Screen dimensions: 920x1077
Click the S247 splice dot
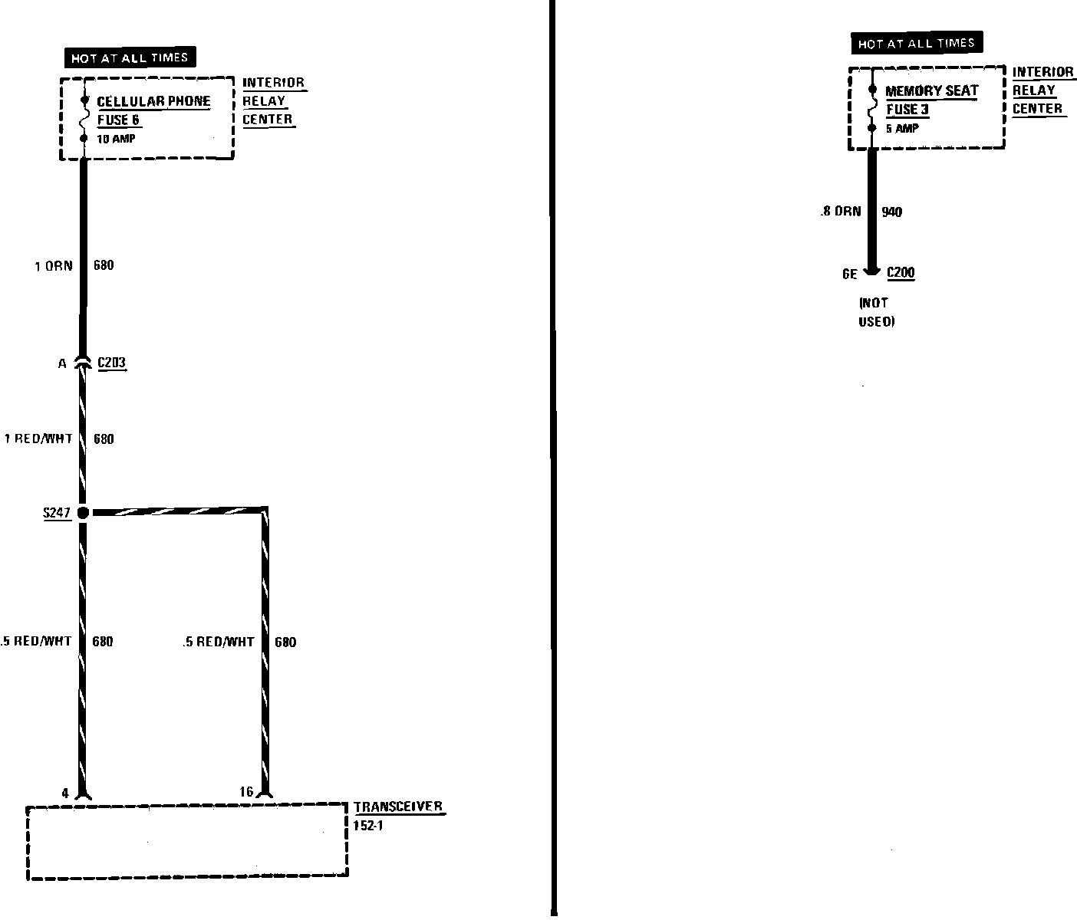coord(83,512)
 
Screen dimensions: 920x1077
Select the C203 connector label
coord(111,363)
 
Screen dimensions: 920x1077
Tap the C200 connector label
coord(901,273)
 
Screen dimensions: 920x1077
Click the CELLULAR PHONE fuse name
coord(153,101)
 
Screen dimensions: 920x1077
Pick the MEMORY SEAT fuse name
coord(931,90)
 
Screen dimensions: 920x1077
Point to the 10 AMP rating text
coord(116,139)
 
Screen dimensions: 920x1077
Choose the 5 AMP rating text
coord(901,128)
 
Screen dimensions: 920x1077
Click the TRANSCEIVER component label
coord(397,807)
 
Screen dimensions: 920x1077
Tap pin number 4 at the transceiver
coord(65,793)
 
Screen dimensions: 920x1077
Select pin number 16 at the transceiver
coord(245,792)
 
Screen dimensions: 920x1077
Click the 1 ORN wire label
coord(54,266)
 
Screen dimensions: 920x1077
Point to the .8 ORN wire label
coord(840,212)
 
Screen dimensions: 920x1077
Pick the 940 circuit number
coord(891,212)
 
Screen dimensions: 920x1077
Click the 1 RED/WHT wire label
coord(38,439)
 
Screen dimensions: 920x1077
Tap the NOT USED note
coord(876,312)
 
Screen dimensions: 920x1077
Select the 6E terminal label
coord(849,274)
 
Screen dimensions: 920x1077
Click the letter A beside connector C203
coord(62,363)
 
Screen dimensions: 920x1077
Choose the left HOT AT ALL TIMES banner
coord(130,58)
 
